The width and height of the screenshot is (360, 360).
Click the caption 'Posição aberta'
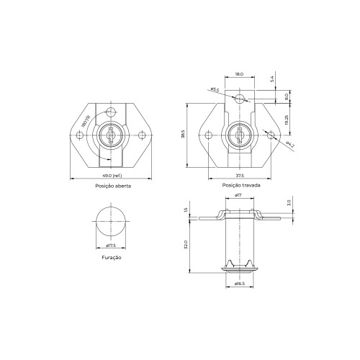point(112,186)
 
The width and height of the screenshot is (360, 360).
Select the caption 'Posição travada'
point(241,186)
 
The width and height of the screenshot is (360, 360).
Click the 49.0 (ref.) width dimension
point(112,175)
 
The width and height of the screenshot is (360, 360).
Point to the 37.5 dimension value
point(238,175)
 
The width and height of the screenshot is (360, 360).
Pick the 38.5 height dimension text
point(184,134)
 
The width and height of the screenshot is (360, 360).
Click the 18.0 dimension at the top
point(240,73)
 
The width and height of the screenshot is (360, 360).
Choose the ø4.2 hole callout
point(289,146)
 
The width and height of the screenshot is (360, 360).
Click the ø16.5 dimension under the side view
point(240,284)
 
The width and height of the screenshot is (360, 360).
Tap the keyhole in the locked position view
point(238,134)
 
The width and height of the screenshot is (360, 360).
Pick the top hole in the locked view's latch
point(244,99)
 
